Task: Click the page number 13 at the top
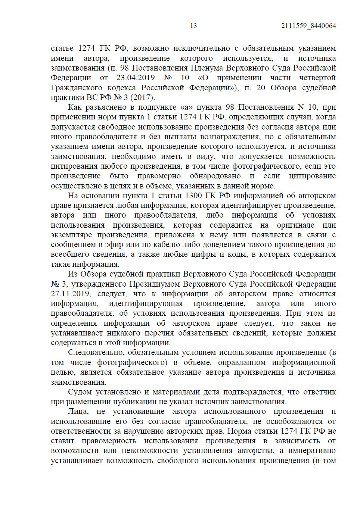pyautogui.click(x=193, y=26)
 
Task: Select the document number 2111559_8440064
pyautogui.click(x=308, y=26)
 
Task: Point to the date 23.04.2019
pyautogui.click(x=136, y=78)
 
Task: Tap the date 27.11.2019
pyautogui.click(x=71, y=294)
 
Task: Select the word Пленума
pyautogui.click(x=207, y=68)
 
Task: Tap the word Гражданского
pyautogui.click(x=77, y=88)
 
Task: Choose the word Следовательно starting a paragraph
pyautogui.click(x=96, y=352)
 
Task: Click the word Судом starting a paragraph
pyautogui.click(x=80, y=392)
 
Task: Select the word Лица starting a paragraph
pyautogui.click(x=78, y=411)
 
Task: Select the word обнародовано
pyautogui.click(x=215, y=176)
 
